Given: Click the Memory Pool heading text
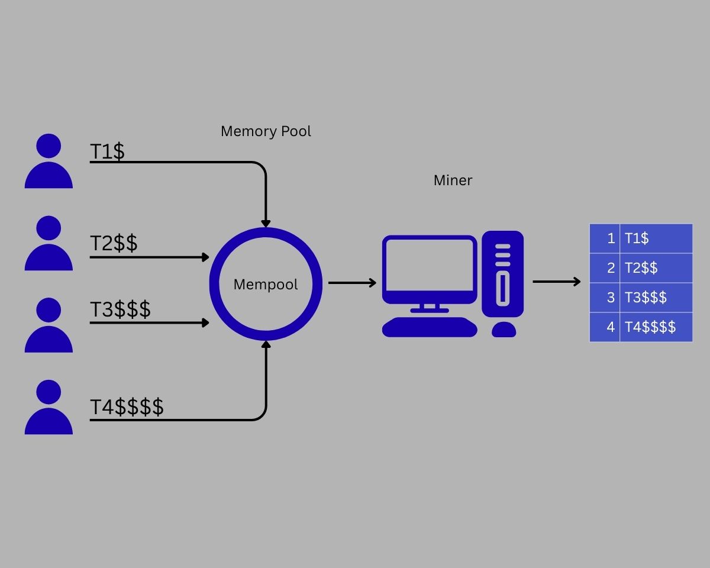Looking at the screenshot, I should click(266, 131).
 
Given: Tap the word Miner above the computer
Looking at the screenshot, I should click(453, 180).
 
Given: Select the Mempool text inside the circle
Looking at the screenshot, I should click(266, 285).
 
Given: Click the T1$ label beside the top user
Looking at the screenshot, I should click(107, 151).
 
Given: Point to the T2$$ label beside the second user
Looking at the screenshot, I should click(114, 243).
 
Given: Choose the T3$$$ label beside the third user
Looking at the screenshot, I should click(120, 309).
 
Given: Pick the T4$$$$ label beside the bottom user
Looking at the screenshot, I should click(127, 406).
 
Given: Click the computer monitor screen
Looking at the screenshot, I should click(430, 266).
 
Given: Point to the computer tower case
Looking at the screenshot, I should click(502, 274).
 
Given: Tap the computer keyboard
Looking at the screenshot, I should click(430, 327).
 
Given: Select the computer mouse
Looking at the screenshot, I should click(504, 330).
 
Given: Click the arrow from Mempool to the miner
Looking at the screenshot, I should click(352, 283).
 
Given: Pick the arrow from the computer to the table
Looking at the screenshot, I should click(556, 282).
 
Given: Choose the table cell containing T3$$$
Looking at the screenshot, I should click(656, 298).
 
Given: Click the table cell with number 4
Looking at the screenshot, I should click(605, 327).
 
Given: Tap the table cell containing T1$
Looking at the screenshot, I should click(656, 238).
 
